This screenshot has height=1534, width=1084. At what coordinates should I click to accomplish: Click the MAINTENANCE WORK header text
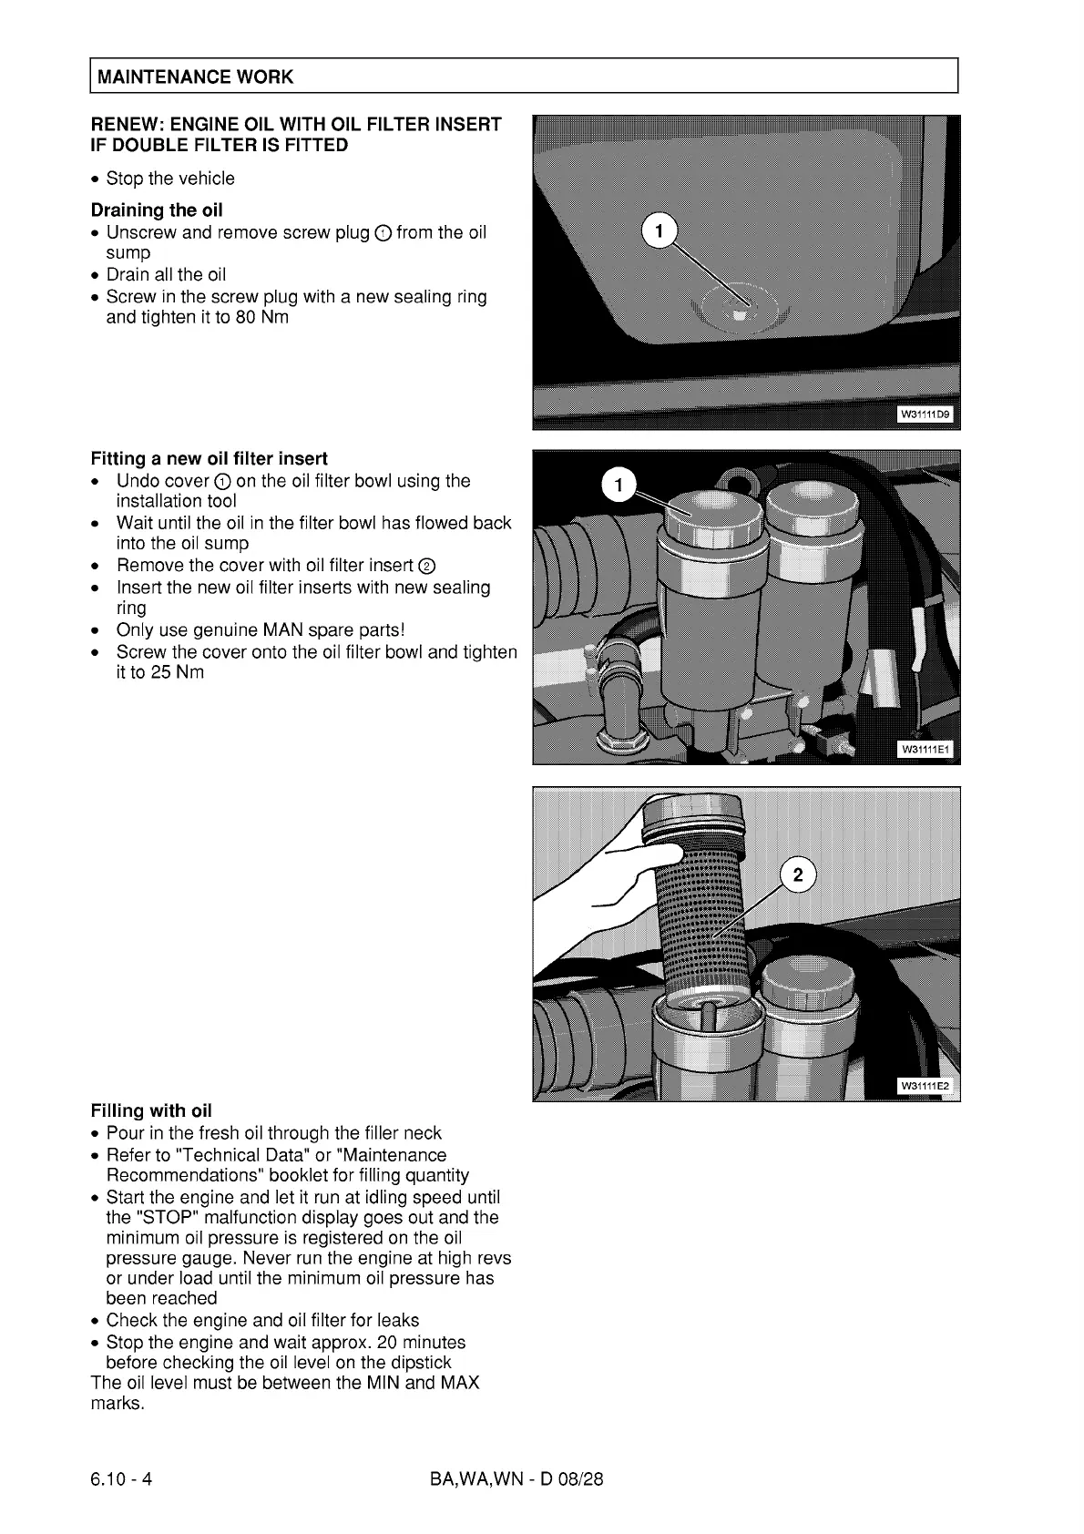(195, 77)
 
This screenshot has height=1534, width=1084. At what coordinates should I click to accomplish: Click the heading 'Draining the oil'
(157, 210)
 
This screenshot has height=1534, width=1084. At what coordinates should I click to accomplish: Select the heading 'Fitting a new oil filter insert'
(209, 458)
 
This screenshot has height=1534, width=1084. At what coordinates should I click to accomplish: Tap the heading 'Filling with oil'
(151, 1110)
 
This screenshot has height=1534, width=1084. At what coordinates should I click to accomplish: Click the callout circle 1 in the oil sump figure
(660, 230)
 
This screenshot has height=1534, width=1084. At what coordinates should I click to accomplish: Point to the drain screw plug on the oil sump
(741, 314)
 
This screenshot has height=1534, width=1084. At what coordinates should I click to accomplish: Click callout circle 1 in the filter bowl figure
(619, 485)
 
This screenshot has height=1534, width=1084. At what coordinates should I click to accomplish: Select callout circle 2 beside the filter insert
(798, 875)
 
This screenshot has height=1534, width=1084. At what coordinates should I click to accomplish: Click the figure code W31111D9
(925, 415)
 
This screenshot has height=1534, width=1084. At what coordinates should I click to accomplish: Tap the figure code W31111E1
(925, 750)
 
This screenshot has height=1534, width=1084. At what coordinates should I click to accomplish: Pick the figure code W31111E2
(925, 1086)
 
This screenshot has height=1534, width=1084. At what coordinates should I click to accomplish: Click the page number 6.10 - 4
(121, 1478)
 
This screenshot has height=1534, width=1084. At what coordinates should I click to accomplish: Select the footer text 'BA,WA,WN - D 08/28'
(516, 1478)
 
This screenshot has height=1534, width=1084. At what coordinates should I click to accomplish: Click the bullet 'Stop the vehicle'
(170, 179)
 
